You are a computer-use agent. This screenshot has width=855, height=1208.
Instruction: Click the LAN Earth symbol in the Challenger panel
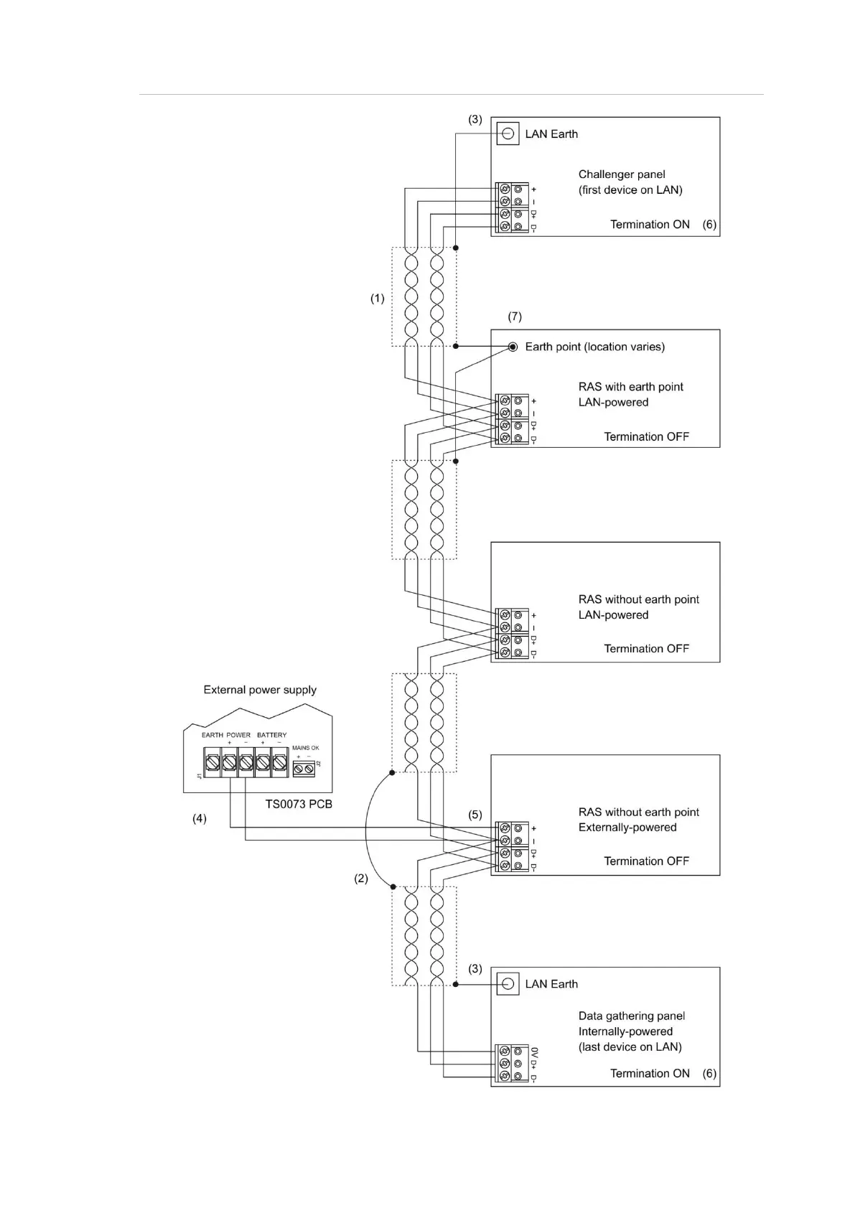coord(508,134)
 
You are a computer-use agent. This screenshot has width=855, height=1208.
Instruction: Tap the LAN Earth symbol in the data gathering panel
coord(508,984)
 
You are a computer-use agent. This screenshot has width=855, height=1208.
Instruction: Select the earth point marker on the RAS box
coord(513,347)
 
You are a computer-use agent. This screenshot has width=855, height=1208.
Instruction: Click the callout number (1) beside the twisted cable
coord(377,299)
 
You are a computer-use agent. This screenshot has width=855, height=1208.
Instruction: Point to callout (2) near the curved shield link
coord(360,879)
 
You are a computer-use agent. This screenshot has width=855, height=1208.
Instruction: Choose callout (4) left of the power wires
coord(199,818)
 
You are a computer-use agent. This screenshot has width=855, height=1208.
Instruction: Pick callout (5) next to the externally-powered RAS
coord(475,815)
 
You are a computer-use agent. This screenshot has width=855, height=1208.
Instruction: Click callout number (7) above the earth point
coord(515,317)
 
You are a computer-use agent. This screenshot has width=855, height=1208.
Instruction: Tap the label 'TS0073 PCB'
coord(299,805)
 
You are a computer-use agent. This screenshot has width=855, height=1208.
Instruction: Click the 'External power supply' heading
coord(260,690)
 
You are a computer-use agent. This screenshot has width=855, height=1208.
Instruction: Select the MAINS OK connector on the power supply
coord(304,769)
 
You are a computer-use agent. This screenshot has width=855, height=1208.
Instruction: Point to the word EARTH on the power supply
coord(212,735)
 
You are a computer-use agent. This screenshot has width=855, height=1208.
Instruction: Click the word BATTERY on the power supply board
coord(271,735)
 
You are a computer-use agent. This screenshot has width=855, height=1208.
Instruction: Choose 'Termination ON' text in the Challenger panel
coord(650,225)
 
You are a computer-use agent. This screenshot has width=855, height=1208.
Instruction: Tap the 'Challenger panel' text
coord(622,174)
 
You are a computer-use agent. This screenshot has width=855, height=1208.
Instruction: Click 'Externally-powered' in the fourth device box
coord(627,828)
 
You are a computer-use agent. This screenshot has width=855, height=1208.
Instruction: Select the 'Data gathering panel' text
coord(632,1016)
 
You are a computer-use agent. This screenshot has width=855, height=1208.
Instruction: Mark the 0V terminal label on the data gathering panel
coord(534,1052)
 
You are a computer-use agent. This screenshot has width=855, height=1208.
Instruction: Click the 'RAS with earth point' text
coord(631,387)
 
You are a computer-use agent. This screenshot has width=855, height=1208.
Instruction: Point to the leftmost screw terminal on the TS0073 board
coord(212,764)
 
